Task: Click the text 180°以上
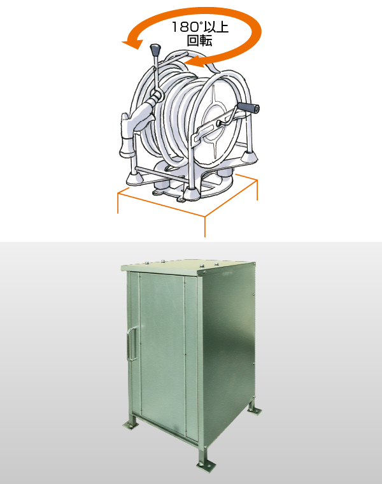click(x=200, y=27)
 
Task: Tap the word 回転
click(x=200, y=40)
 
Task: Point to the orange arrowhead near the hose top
click(x=197, y=63)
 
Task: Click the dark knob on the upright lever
click(x=155, y=50)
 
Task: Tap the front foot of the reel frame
click(x=192, y=194)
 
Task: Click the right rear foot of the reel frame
click(x=249, y=158)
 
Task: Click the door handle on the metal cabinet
click(x=132, y=344)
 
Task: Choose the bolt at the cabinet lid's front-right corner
click(x=204, y=272)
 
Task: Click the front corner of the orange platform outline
click(x=205, y=217)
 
